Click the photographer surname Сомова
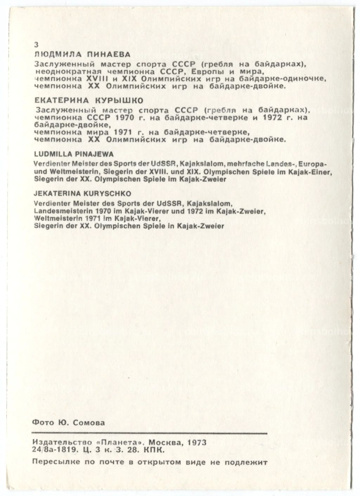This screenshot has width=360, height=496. click(89, 423)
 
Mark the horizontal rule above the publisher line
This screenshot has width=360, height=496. click(149, 432)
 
